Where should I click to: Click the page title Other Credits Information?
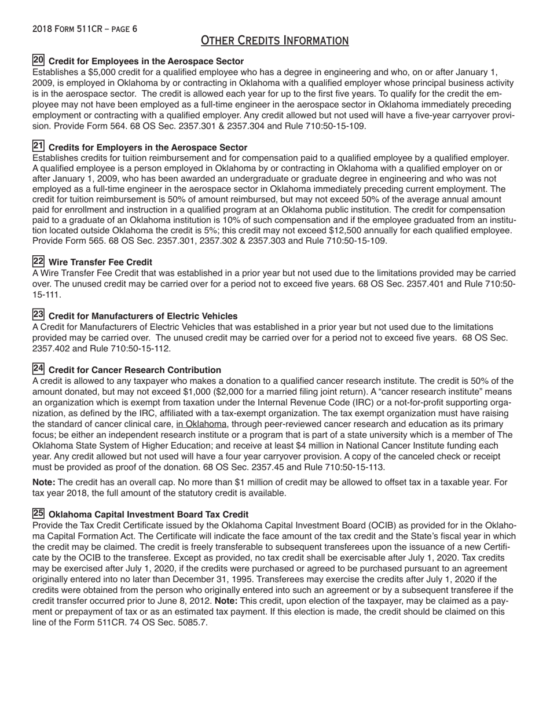point(274,40)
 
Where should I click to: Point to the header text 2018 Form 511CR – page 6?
point(85,28)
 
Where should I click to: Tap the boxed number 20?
point(38,60)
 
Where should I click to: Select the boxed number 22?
point(38,262)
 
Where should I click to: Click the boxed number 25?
point(38,513)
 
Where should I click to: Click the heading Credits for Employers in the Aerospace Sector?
point(148,148)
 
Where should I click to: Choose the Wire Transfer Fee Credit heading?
point(100,262)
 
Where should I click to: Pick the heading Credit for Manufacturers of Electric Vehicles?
point(143,316)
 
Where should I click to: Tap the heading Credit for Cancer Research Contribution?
point(134,370)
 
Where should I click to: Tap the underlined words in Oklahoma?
point(201,424)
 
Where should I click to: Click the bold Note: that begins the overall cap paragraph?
point(44,482)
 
